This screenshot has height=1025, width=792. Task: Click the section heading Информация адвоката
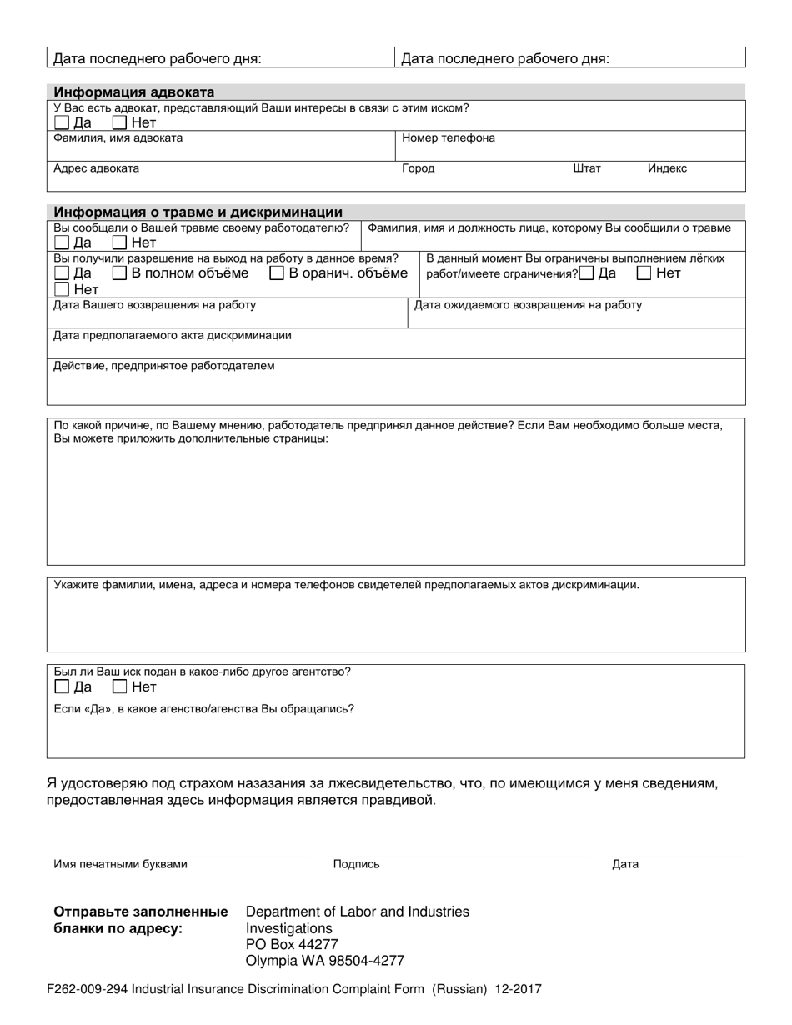tap(134, 92)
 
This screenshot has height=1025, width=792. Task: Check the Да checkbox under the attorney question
tap(61, 123)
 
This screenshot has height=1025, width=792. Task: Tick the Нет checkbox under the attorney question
tap(119, 123)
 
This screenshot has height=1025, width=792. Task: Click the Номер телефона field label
tap(448, 138)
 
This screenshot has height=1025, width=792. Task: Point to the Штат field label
tap(587, 168)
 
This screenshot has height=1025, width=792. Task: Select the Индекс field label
tap(667, 168)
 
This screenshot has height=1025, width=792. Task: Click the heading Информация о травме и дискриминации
tap(198, 212)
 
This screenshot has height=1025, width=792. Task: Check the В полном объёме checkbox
tap(119, 273)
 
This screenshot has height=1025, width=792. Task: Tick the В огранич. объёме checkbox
tap(277, 273)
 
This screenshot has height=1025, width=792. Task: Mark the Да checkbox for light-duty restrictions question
tap(588, 273)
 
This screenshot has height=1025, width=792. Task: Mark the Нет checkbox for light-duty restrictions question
tap(644, 273)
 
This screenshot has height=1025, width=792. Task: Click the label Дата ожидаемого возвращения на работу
tap(528, 305)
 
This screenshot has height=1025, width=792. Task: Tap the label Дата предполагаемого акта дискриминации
tap(173, 336)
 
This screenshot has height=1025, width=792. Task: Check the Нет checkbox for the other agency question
tap(119, 687)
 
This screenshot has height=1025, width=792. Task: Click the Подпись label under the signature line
tap(356, 864)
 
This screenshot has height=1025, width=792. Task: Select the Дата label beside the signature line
tap(625, 864)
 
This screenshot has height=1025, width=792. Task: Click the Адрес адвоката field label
tap(97, 168)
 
